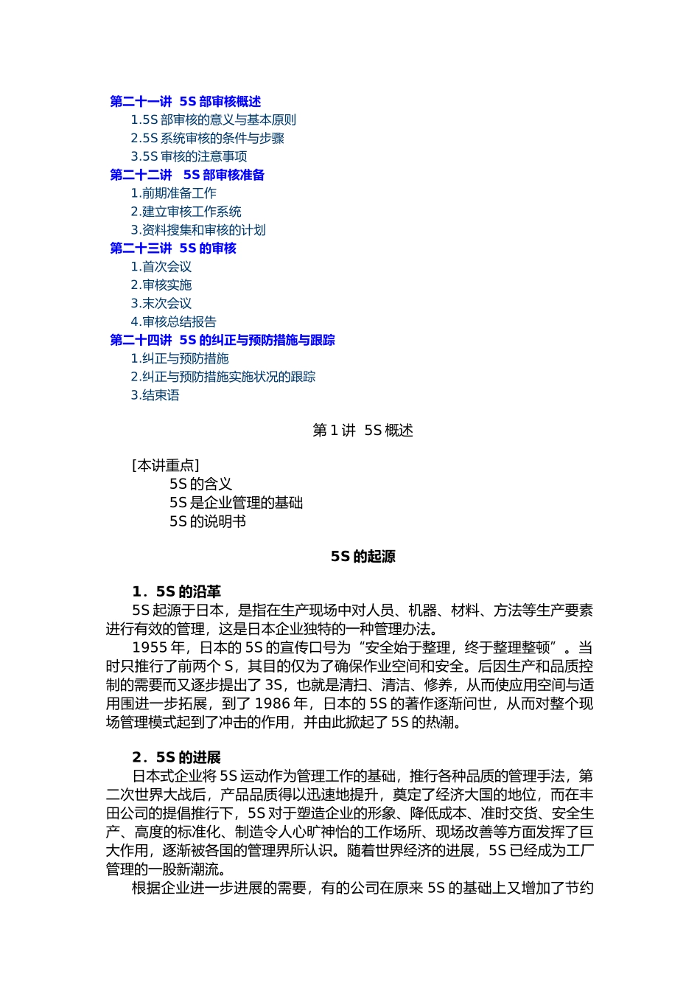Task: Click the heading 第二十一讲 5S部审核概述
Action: [x=185, y=102]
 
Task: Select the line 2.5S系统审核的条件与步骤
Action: [x=207, y=139]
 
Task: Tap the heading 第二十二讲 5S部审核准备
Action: [x=187, y=175]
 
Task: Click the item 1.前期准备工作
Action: [x=173, y=193]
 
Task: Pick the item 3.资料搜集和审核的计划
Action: [x=197, y=230]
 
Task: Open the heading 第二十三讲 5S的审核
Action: [x=173, y=248]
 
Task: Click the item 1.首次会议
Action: [x=161, y=267]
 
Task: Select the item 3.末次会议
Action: [x=161, y=304]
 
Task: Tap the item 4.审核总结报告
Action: [x=173, y=322]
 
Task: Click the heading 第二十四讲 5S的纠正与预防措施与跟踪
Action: [x=223, y=341]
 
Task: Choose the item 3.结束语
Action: [x=155, y=395]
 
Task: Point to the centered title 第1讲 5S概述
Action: [x=363, y=431]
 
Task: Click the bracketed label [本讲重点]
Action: [x=166, y=465]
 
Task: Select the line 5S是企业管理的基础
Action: [x=236, y=503]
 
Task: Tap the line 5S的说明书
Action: [x=207, y=522]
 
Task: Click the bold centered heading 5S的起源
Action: [x=363, y=557]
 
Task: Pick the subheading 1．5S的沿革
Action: [x=176, y=592]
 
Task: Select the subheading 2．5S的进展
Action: [x=176, y=758]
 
